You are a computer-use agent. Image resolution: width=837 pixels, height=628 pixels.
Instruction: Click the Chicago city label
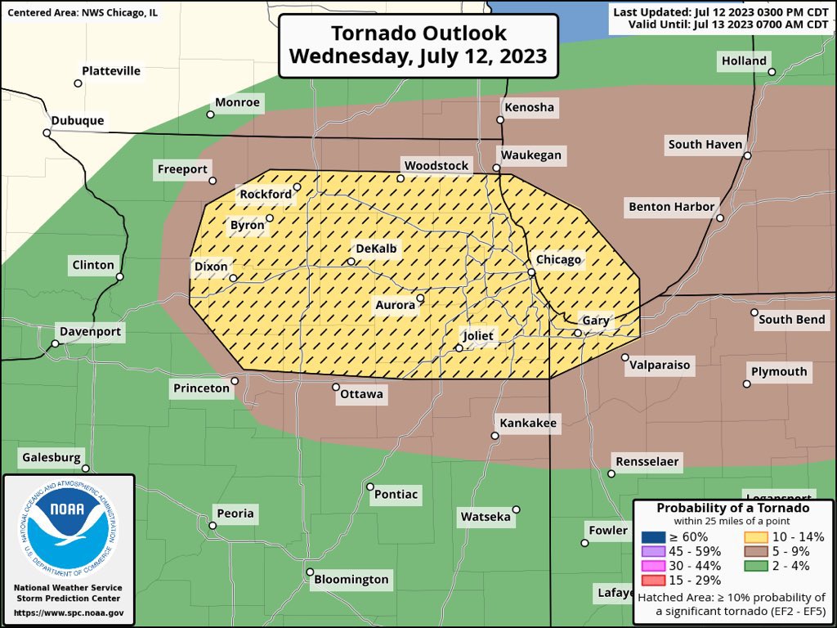tap(559, 260)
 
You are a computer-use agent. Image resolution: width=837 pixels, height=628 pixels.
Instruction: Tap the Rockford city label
tap(265, 195)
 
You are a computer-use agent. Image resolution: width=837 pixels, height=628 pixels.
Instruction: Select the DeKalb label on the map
tap(377, 248)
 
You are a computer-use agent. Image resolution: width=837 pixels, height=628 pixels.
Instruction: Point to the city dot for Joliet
tap(459, 348)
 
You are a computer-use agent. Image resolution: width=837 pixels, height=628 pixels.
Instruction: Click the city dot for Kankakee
tap(495, 436)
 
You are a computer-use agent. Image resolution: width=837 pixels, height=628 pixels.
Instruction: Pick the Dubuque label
tap(78, 120)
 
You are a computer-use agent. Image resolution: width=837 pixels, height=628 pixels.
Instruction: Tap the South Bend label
tap(791, 319)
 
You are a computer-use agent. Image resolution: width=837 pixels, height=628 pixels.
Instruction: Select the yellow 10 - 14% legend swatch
tap(754, 537)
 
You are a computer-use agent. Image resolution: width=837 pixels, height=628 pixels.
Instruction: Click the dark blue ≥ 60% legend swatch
tap(656, 537)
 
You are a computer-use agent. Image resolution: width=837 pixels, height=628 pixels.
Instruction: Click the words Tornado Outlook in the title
tap(418, 34)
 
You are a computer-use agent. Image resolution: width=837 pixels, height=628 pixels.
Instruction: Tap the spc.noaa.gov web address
tap(69, 612)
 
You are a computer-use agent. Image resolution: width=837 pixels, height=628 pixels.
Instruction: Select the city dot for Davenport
tap(55, 343)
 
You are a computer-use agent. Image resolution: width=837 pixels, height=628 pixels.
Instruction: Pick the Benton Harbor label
tap(671, 207)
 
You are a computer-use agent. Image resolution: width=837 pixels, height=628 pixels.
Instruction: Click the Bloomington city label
tap(351, 580)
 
